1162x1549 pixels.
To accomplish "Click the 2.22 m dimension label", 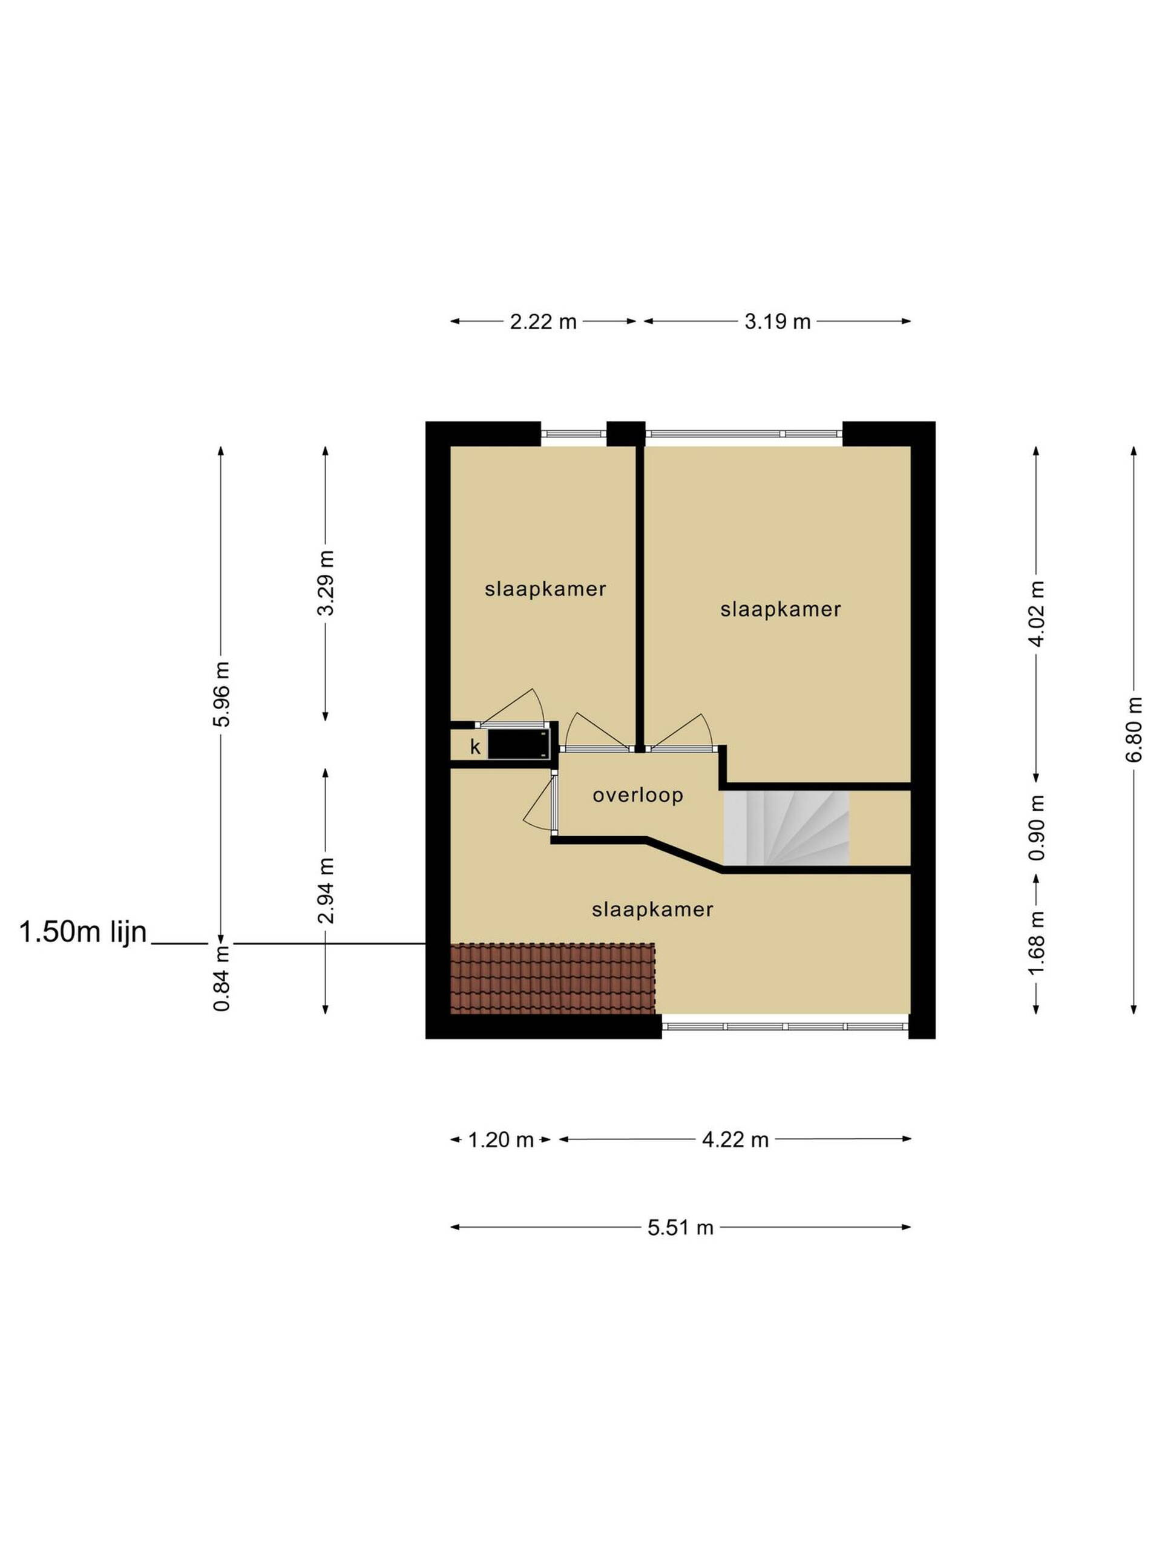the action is point(543,321).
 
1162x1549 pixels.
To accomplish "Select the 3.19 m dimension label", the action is point(778,321).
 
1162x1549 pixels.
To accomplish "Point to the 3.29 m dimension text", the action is point(326,582).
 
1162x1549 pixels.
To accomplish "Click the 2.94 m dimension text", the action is point(326,890).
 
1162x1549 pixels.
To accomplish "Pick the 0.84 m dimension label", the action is point(222,978).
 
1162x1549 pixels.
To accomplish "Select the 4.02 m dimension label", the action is point(1037,614).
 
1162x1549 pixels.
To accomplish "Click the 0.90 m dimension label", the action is point(1037,828).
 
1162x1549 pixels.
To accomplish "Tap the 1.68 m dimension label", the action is point(1037,943).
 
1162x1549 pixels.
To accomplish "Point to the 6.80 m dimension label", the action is point(1134,730).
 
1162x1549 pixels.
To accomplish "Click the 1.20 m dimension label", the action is point(501,1140).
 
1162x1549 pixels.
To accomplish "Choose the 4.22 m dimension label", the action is point(735,1140).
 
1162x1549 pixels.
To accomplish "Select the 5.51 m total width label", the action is point(680,1228).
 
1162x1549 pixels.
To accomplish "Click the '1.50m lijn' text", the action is point(84,933).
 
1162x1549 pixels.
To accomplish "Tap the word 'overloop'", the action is point(637,796).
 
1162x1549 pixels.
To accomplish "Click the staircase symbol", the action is point(787,827).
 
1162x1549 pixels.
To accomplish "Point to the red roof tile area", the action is point(553,978).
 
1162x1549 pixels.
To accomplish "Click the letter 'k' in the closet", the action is point(476,747).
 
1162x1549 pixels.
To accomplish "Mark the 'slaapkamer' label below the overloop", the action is point(652,909).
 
